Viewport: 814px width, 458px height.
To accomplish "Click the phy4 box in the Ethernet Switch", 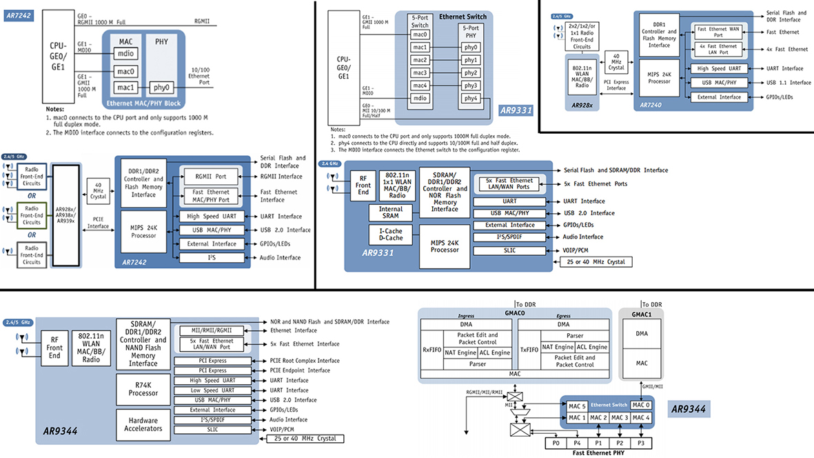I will coord(471,99).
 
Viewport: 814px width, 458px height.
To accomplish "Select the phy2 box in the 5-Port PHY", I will coord(471,73).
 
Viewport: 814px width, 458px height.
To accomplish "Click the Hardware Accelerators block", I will coord(143,424).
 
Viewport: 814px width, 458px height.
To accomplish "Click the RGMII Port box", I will coord(210,176).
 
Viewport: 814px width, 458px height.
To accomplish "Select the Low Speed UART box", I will coord(212,390).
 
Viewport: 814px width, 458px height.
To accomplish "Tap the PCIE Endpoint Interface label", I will coord(299,370).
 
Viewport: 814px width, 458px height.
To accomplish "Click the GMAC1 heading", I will coord(642,313).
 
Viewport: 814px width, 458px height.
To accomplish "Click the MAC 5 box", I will coord(577,406).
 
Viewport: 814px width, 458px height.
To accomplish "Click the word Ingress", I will coord(467,316).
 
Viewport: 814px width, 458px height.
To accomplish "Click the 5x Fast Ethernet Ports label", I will coord(596,183).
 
